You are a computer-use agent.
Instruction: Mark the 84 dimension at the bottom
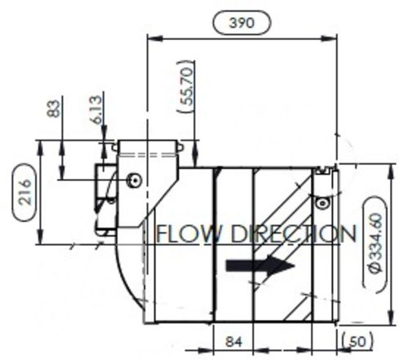[x=233, y=341]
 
